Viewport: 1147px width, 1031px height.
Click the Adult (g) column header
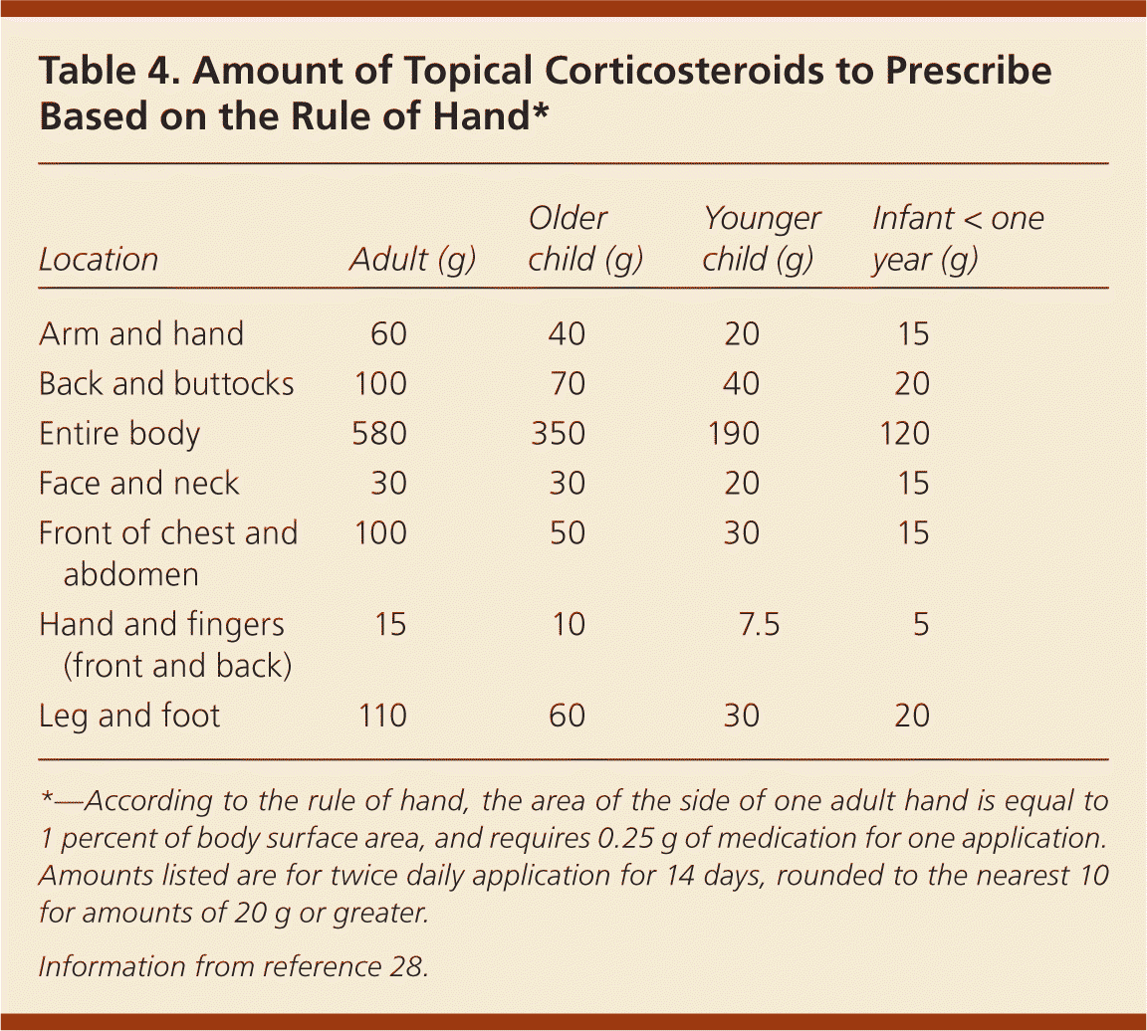(412, 260)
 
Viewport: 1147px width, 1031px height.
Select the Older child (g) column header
(584, 240)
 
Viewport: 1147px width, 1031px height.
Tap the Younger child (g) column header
(761, 240)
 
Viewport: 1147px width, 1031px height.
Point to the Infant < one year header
(957, 240)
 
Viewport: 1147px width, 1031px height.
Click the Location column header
(99, 260)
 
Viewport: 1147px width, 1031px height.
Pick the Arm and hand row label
(140, 333)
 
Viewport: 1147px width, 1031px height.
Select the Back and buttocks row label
(166, 383)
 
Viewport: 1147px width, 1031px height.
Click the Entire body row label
(119, 434)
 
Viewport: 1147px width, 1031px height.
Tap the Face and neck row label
(138, 484)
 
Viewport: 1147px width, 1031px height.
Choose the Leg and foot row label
(129, 716)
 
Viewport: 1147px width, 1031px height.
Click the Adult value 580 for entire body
(379, 434)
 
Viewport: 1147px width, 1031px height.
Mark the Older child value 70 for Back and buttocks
(567, 383)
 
